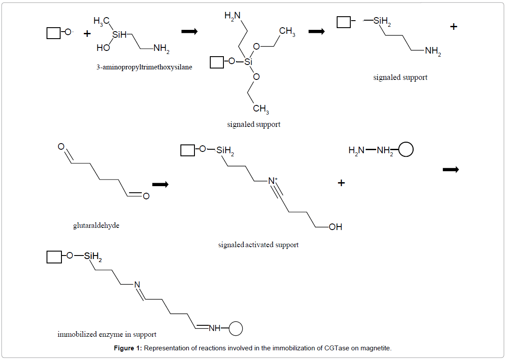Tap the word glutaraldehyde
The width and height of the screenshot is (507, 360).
(x=96, y=226)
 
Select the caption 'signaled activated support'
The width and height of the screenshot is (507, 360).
(x=258, y=245)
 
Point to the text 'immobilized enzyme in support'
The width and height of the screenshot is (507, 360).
(x=107, y=335)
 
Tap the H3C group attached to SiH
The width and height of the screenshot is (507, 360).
(x=101, y=21)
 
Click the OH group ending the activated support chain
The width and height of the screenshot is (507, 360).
(x=335, y=227)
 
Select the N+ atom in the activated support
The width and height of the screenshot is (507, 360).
(x=273, y=180)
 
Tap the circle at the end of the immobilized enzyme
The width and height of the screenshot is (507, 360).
(x=236, y=328)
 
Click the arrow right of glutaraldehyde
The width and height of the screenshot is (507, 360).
(x=160, y=185)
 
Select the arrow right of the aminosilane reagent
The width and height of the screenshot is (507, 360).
(x=189, y=32)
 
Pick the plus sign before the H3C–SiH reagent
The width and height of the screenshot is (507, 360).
(x=87, y=33)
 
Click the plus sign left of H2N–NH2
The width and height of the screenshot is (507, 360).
(x=341, y=183)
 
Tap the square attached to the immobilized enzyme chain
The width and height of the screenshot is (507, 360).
(x=54, y=257)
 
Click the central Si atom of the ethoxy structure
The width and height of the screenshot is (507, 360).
(x=248, y=62)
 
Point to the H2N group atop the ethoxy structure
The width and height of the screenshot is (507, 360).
(x=232, y=16)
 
